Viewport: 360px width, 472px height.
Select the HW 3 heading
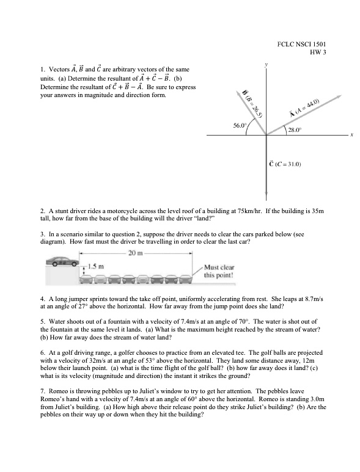tap(318, 52)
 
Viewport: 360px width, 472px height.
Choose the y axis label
tap(266, 64)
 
